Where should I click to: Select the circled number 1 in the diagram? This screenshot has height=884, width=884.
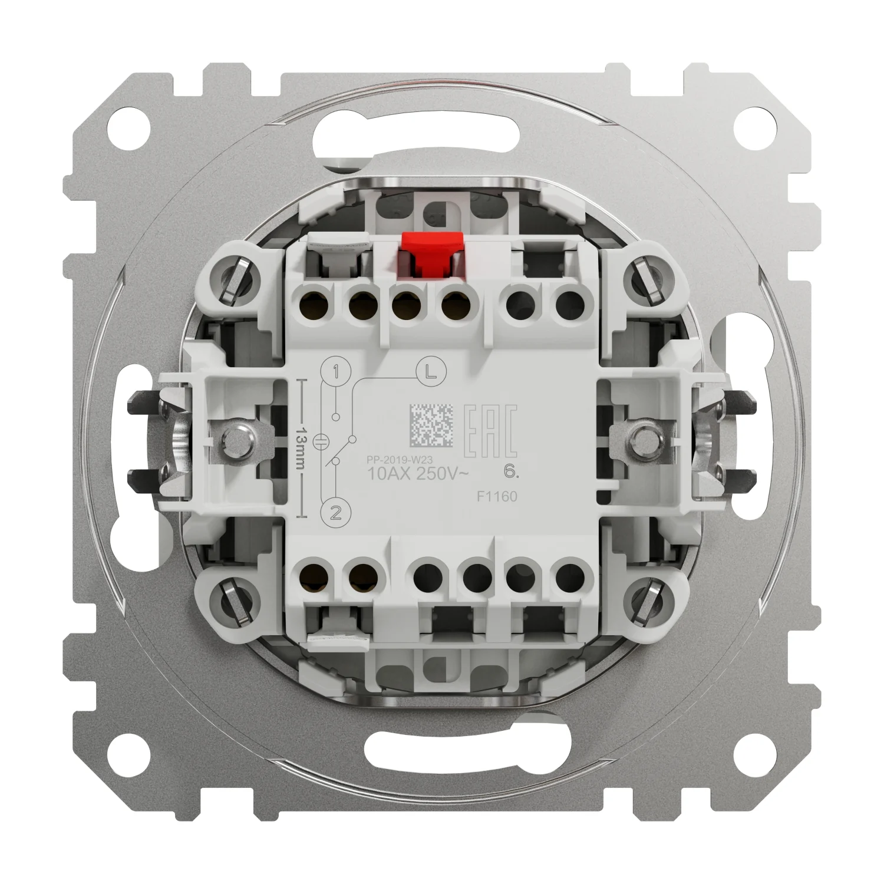click(335, 372)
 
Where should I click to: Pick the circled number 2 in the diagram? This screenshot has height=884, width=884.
click(335, 513)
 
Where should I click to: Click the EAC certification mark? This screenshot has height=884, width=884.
click(492, 431)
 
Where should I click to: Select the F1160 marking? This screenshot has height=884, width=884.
click(497, 496)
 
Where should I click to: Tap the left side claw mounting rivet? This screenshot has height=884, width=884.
click(239, 437)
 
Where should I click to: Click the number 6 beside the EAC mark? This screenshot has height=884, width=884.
click(507, 470)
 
